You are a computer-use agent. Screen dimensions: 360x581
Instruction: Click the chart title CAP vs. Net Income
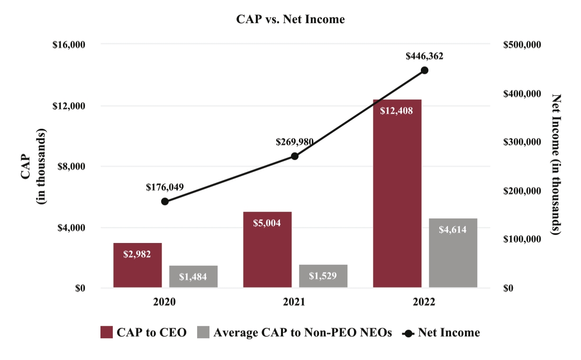(x=290, y=19)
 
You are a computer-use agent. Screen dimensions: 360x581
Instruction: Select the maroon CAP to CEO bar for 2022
(x=397, y=199)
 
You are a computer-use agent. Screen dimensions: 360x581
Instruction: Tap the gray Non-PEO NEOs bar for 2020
(x=193, y=277)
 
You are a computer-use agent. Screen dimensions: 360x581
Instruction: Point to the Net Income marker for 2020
(x=165, y=201)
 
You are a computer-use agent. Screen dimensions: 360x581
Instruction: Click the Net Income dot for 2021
(x=295, y=156)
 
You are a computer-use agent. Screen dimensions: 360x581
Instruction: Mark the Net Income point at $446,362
(x=425, y=70)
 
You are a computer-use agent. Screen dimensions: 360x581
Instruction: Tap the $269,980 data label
(x=295, y=142)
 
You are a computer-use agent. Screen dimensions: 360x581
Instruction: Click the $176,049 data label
(x=165, y=187)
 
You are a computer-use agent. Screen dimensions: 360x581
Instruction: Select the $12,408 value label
(x=397, y=111)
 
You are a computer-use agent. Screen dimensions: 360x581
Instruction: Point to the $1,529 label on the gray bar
(x=323, y=276)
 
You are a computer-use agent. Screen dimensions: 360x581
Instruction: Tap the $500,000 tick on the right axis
(x=522, y=45)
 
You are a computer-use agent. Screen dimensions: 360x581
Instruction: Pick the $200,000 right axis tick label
(x=522, y=191)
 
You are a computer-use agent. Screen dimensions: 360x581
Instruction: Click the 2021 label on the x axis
(x=295, y=302)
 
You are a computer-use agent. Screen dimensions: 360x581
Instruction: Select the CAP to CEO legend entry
(x=144, y=333)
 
